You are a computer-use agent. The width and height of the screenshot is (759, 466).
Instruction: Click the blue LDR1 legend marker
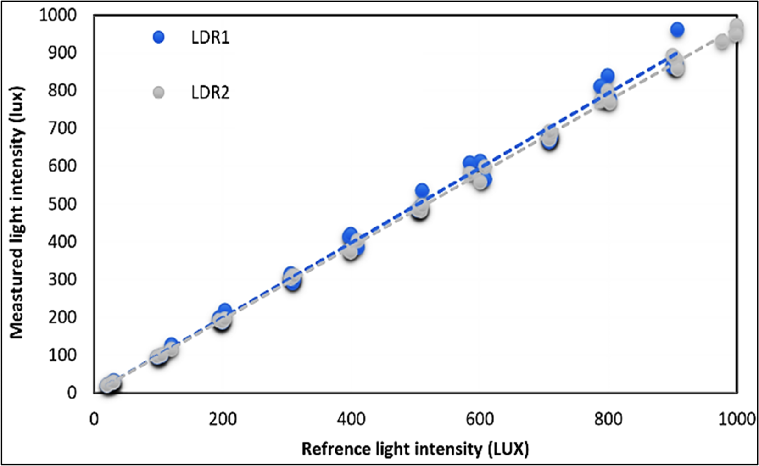(159, 37)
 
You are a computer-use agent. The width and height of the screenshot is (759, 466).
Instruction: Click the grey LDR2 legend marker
(159, 93)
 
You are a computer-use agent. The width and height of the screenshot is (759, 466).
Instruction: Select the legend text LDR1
(210, 38)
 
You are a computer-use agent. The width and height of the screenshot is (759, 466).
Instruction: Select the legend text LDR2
(210, 93)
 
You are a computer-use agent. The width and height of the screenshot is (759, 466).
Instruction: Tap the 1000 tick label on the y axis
(58, 15)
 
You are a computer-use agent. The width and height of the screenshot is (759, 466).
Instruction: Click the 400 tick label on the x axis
(351, 419)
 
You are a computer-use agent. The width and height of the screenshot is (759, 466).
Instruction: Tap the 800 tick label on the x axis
(608, 419)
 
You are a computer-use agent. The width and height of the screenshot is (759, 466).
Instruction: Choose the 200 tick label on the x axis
(223, 419)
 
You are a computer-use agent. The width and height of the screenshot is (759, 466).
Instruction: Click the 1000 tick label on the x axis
(736, 419)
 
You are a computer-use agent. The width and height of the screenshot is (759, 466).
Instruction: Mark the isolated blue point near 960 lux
(677, 30)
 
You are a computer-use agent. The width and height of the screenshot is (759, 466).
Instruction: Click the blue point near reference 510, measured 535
(422, 190)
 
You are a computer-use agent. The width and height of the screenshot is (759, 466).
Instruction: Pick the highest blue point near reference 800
(607, 76)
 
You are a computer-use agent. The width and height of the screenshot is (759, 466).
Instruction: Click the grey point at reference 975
(722, 42)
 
